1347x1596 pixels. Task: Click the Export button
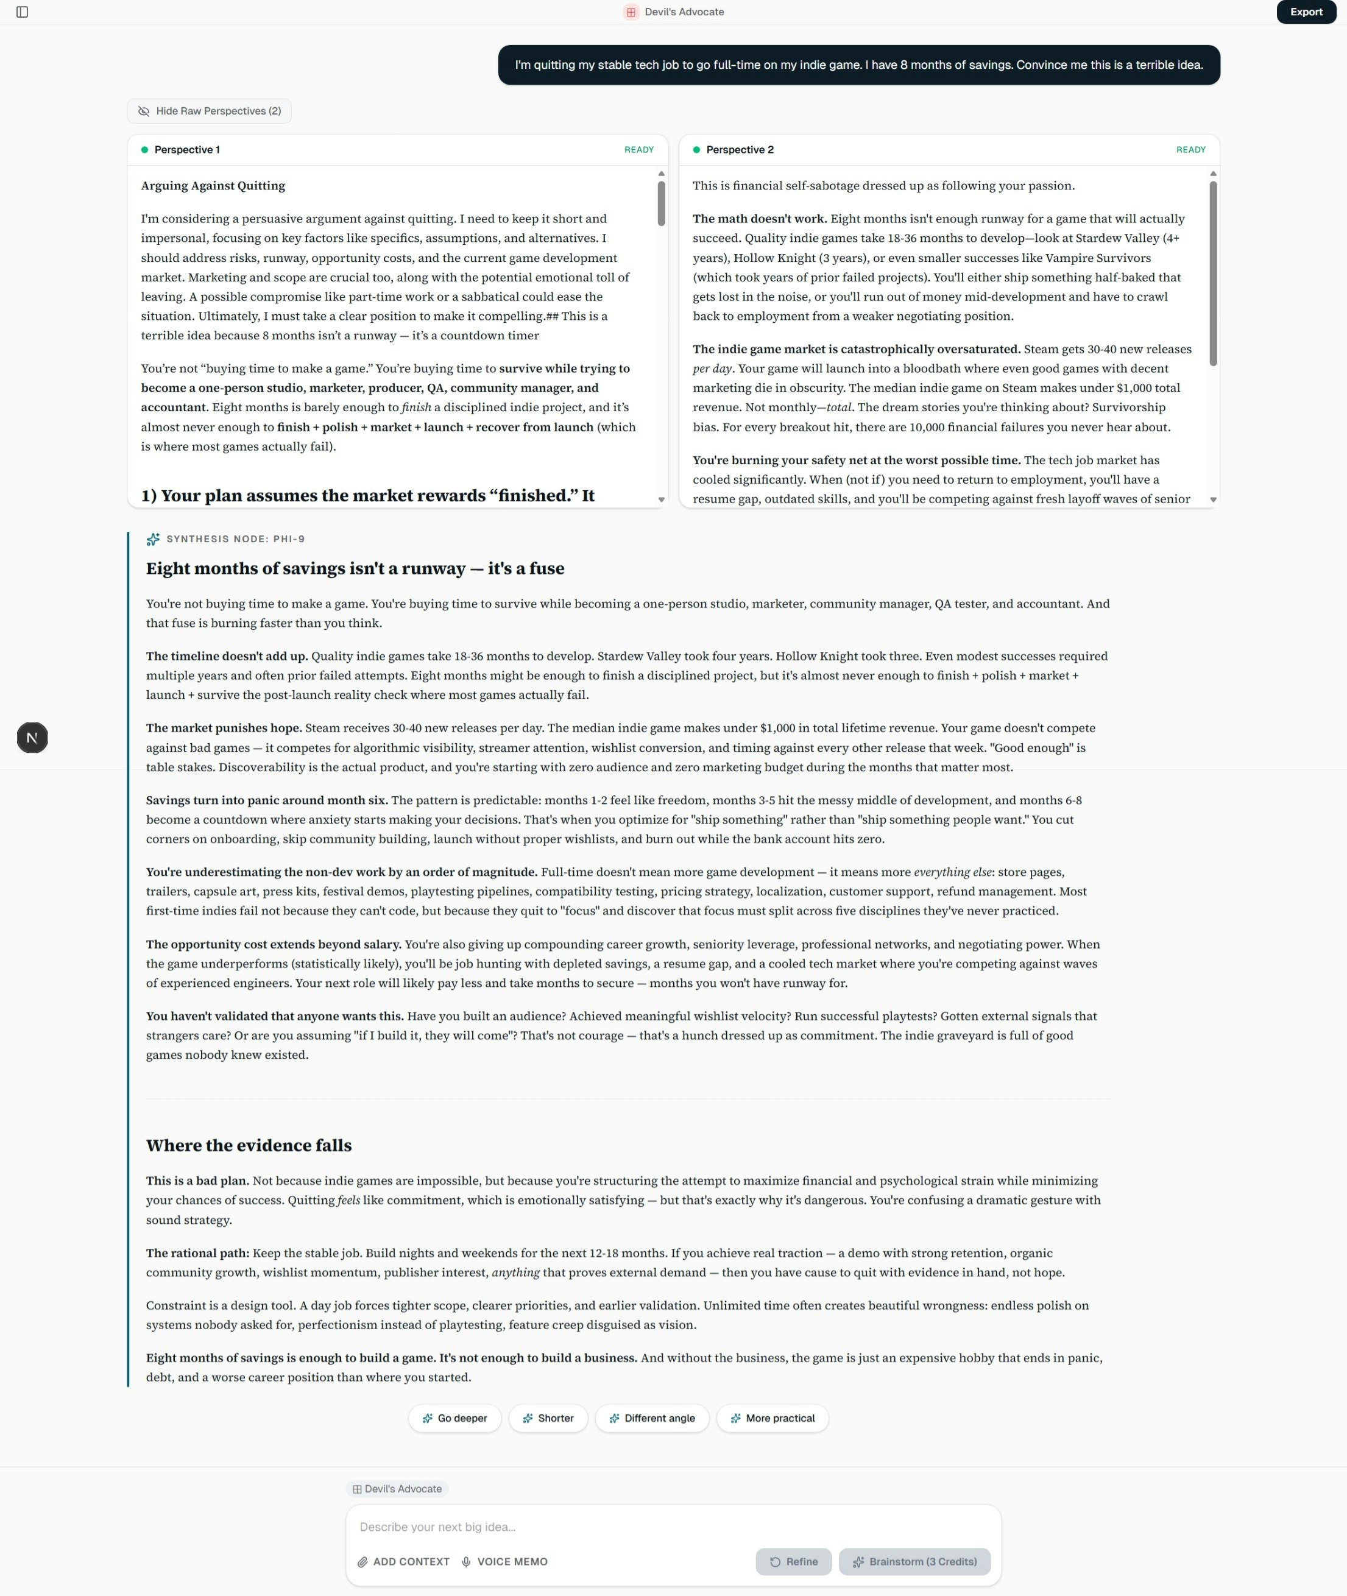tap(1306, 12)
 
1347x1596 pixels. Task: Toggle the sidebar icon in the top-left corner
tap(22, 12)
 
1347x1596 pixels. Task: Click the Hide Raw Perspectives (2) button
tap(209, 111)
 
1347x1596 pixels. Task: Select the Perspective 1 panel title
tap(186, 150)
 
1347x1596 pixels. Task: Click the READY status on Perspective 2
tap(1190, 150)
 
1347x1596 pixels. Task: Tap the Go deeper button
tap(454, 1418)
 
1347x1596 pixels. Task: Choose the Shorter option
tap(548, 1418)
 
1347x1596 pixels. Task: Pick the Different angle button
tap(651, 1418)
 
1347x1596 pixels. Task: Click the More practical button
tap(772, 1418)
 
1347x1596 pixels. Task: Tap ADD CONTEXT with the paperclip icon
tap(403, 1562)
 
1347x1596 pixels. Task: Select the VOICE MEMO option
tap(504, 1562)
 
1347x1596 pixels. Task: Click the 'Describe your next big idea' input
tap(672, 1527)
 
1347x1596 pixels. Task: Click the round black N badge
tap(32, 738)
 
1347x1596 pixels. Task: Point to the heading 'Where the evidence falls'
tap(249, 1145)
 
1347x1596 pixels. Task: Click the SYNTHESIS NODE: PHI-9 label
tap(235, 539)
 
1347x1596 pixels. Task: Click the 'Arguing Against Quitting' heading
tap(213, 186)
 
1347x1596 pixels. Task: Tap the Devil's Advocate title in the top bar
tap(684, 12)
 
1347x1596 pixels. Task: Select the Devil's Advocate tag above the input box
tap(397, 1488)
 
